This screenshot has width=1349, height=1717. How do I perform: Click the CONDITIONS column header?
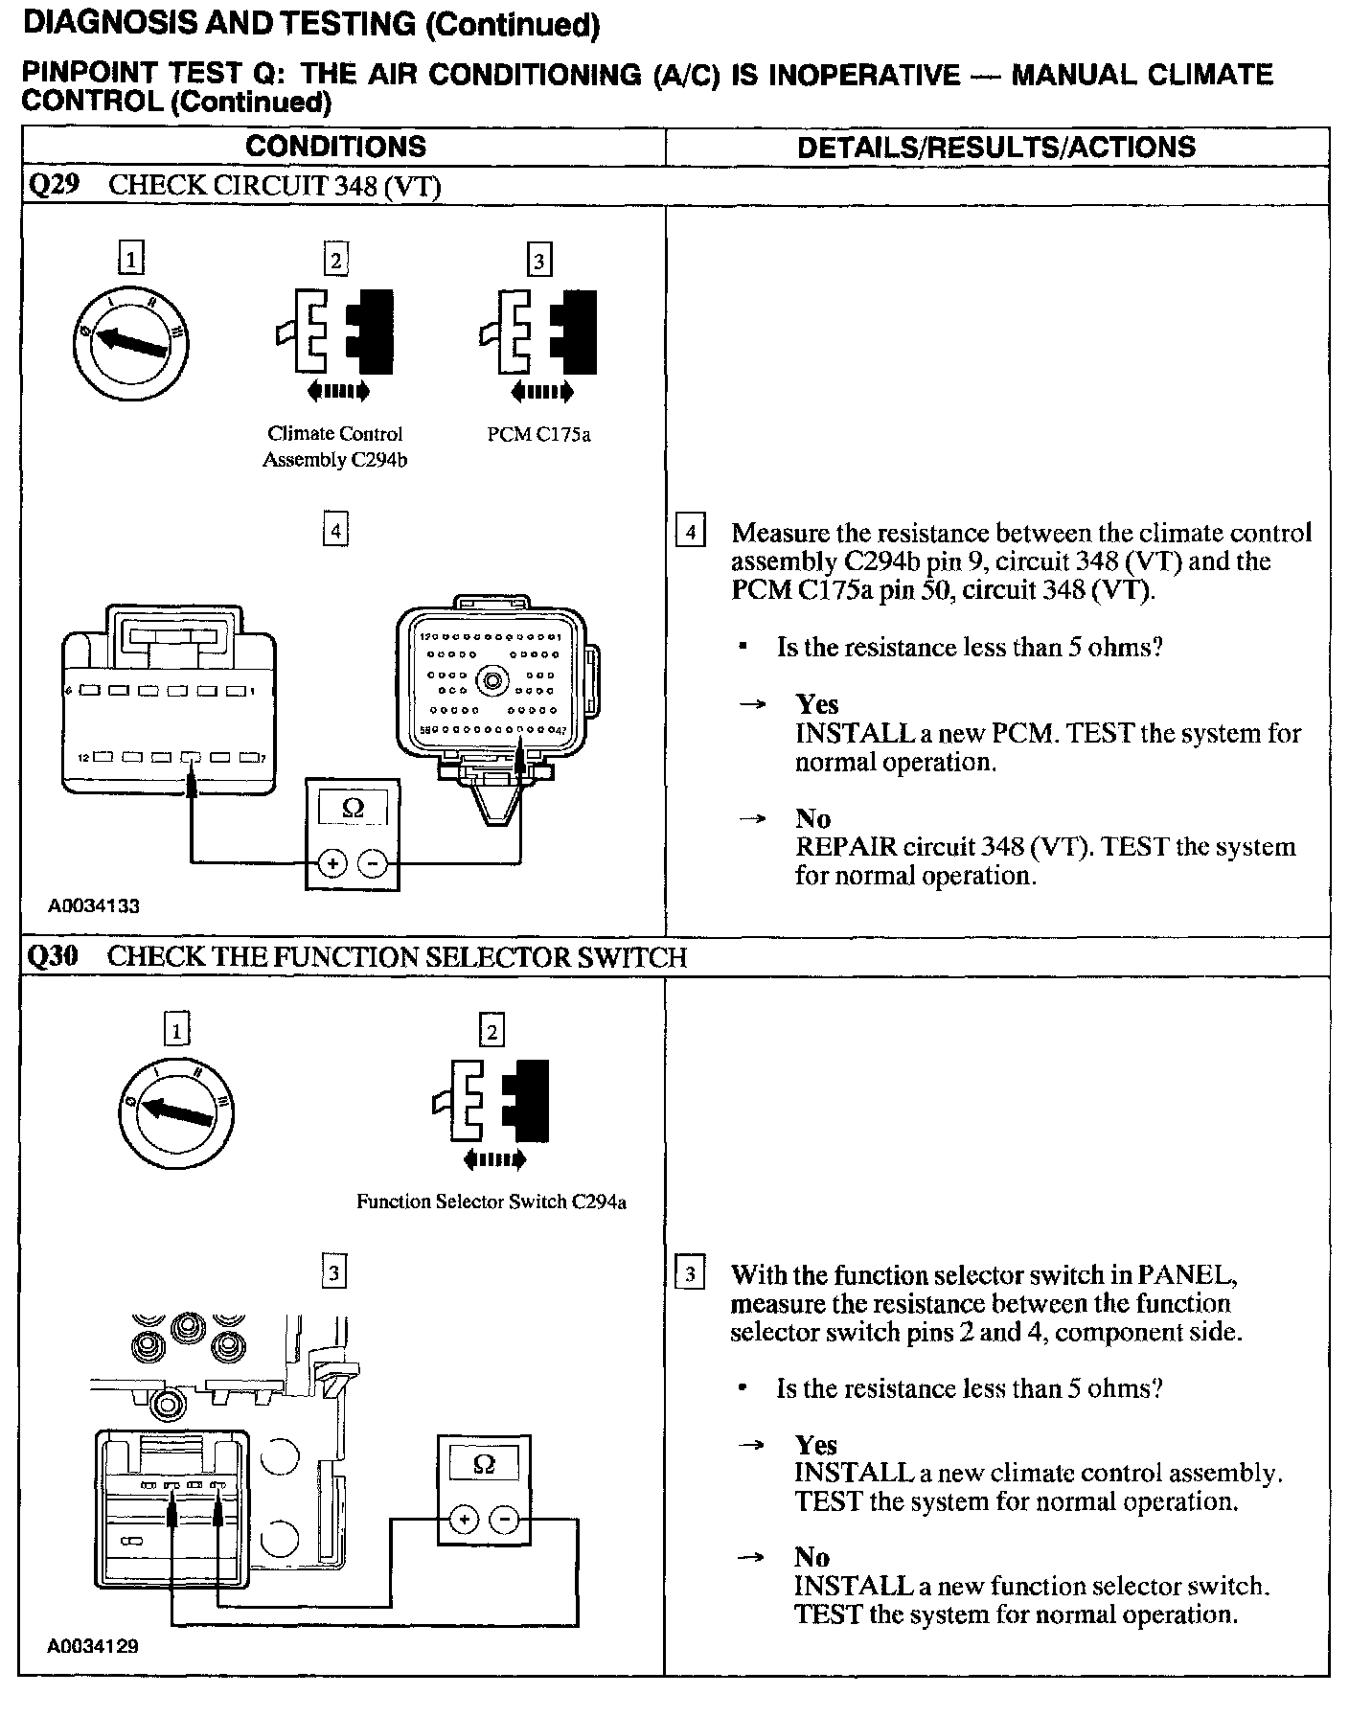[x=335, y=147]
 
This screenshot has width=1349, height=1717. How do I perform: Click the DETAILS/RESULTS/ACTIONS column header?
[x=996, y=147]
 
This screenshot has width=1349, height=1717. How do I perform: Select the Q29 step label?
[x=52, y=185]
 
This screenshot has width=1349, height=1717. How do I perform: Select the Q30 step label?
[x=52, y=956]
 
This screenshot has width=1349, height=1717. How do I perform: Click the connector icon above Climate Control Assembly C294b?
[x=335, y=332]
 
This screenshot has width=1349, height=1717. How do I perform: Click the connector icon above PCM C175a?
[x=538, y=332]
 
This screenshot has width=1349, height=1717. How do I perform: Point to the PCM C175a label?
[x=538, y=435]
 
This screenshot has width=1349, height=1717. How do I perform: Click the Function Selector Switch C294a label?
[x=491, y=1202]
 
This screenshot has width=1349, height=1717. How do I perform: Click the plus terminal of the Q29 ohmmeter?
[x=332, y=863]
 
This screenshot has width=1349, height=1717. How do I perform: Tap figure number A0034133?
[x=95, y=905]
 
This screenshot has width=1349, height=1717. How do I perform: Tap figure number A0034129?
[x=95, y=1646]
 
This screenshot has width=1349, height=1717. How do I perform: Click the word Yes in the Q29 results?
[x=816, y=704]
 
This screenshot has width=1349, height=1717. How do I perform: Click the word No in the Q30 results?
[x=812, y=1557]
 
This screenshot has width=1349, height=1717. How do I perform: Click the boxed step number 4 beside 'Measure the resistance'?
[x=690, y=531]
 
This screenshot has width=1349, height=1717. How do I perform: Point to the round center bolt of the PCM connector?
[x=494, y=681]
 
